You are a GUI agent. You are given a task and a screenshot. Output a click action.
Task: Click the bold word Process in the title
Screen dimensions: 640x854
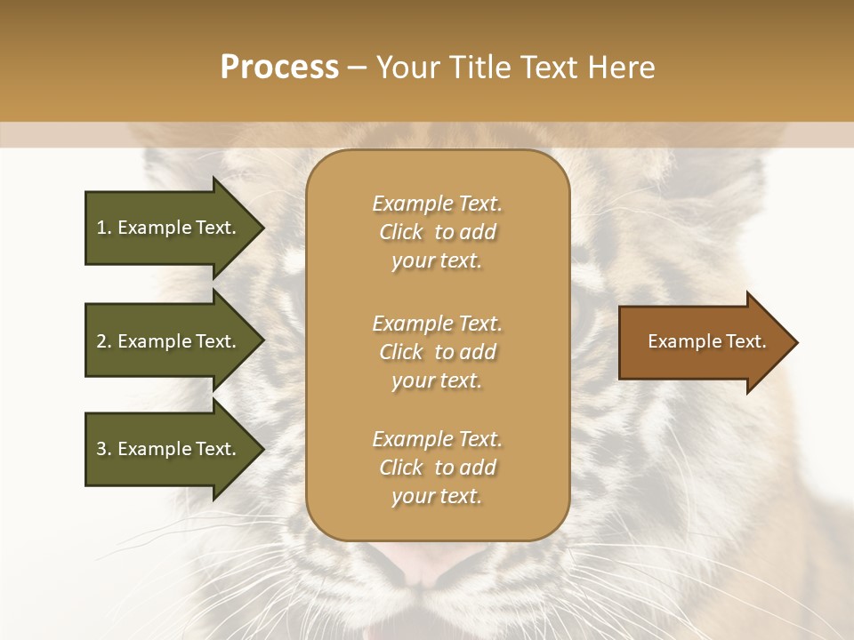(x=279, y=68)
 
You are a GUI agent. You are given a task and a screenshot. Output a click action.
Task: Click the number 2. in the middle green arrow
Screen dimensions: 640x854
(x=104, y=341)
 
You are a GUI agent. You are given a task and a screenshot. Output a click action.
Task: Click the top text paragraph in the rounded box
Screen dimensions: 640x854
(x=437, y=232)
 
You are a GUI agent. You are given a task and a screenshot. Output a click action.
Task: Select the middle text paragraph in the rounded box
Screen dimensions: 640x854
(x=437, y=351)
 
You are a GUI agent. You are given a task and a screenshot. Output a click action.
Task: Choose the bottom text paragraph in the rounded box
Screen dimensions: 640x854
(x=437, y=468)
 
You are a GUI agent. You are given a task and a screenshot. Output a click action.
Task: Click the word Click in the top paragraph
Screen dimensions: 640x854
(x=401, y=232)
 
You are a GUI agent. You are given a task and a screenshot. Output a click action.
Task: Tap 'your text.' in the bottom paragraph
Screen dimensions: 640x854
(x=437, y=497)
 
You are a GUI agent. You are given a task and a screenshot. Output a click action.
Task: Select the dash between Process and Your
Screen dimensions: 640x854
(x=357, y=68)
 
